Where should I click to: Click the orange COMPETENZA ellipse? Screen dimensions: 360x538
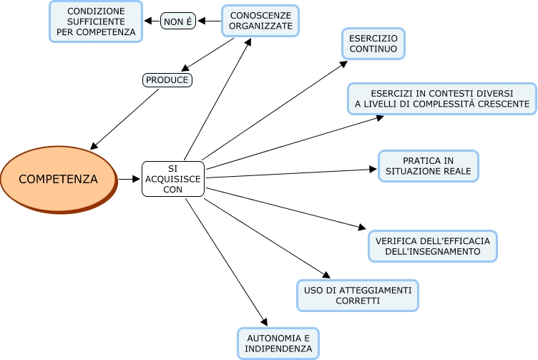(x=57, y=179)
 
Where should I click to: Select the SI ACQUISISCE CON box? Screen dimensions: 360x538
(x=173, y=179)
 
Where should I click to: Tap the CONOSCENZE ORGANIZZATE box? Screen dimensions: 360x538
(x=260, y=21)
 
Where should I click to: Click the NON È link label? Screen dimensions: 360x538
(x=178, y=21)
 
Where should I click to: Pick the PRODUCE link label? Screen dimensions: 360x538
(x=167, y=80)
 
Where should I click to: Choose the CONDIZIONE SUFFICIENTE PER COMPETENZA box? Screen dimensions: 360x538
(x=95, y=21)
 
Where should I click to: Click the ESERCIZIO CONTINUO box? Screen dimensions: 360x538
(x=373, y=43)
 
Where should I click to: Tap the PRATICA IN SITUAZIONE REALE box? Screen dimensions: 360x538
(x=428, y=165)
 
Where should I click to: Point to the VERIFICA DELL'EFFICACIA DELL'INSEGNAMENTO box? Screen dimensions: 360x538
(x=432, y=246)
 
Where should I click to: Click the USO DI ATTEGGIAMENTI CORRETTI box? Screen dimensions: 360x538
(x=357, y=296)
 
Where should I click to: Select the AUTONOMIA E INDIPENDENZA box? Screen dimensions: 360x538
(x=278, y=343)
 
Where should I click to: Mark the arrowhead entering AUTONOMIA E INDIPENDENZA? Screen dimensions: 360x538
(x=264, y=323)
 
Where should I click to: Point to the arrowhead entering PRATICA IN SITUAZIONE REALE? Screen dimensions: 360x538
(x=373, y=170)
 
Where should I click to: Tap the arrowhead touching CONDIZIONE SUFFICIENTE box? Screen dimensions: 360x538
(x=148, y=21)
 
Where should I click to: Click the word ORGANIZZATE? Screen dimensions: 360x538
(x=260, y=26)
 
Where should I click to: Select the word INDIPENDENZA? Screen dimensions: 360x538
(x=279, y=349)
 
